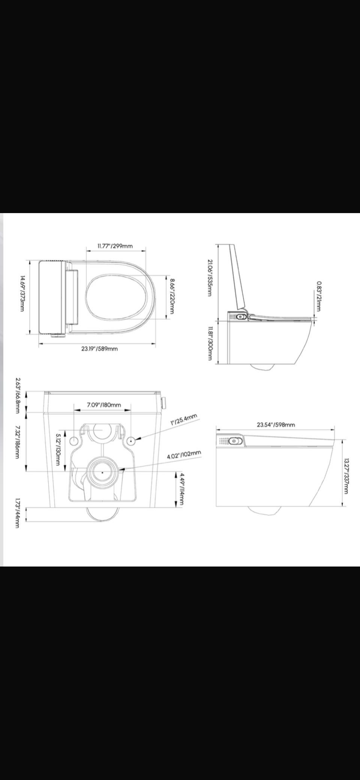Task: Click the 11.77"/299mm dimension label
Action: pos(115,246)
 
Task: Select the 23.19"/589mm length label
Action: pos(99,349)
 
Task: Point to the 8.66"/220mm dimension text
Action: pos(172,296)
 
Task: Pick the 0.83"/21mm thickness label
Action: pos(318,296)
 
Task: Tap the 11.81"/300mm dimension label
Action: pos(210,343)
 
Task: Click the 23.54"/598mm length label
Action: pos(276,425)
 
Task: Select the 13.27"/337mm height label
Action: pos(346,476)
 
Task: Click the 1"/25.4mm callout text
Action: pos(184,419)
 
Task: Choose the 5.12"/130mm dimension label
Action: pos(58,449)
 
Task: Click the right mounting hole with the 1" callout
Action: pos(131,440)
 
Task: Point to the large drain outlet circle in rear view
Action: pos(102,472)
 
